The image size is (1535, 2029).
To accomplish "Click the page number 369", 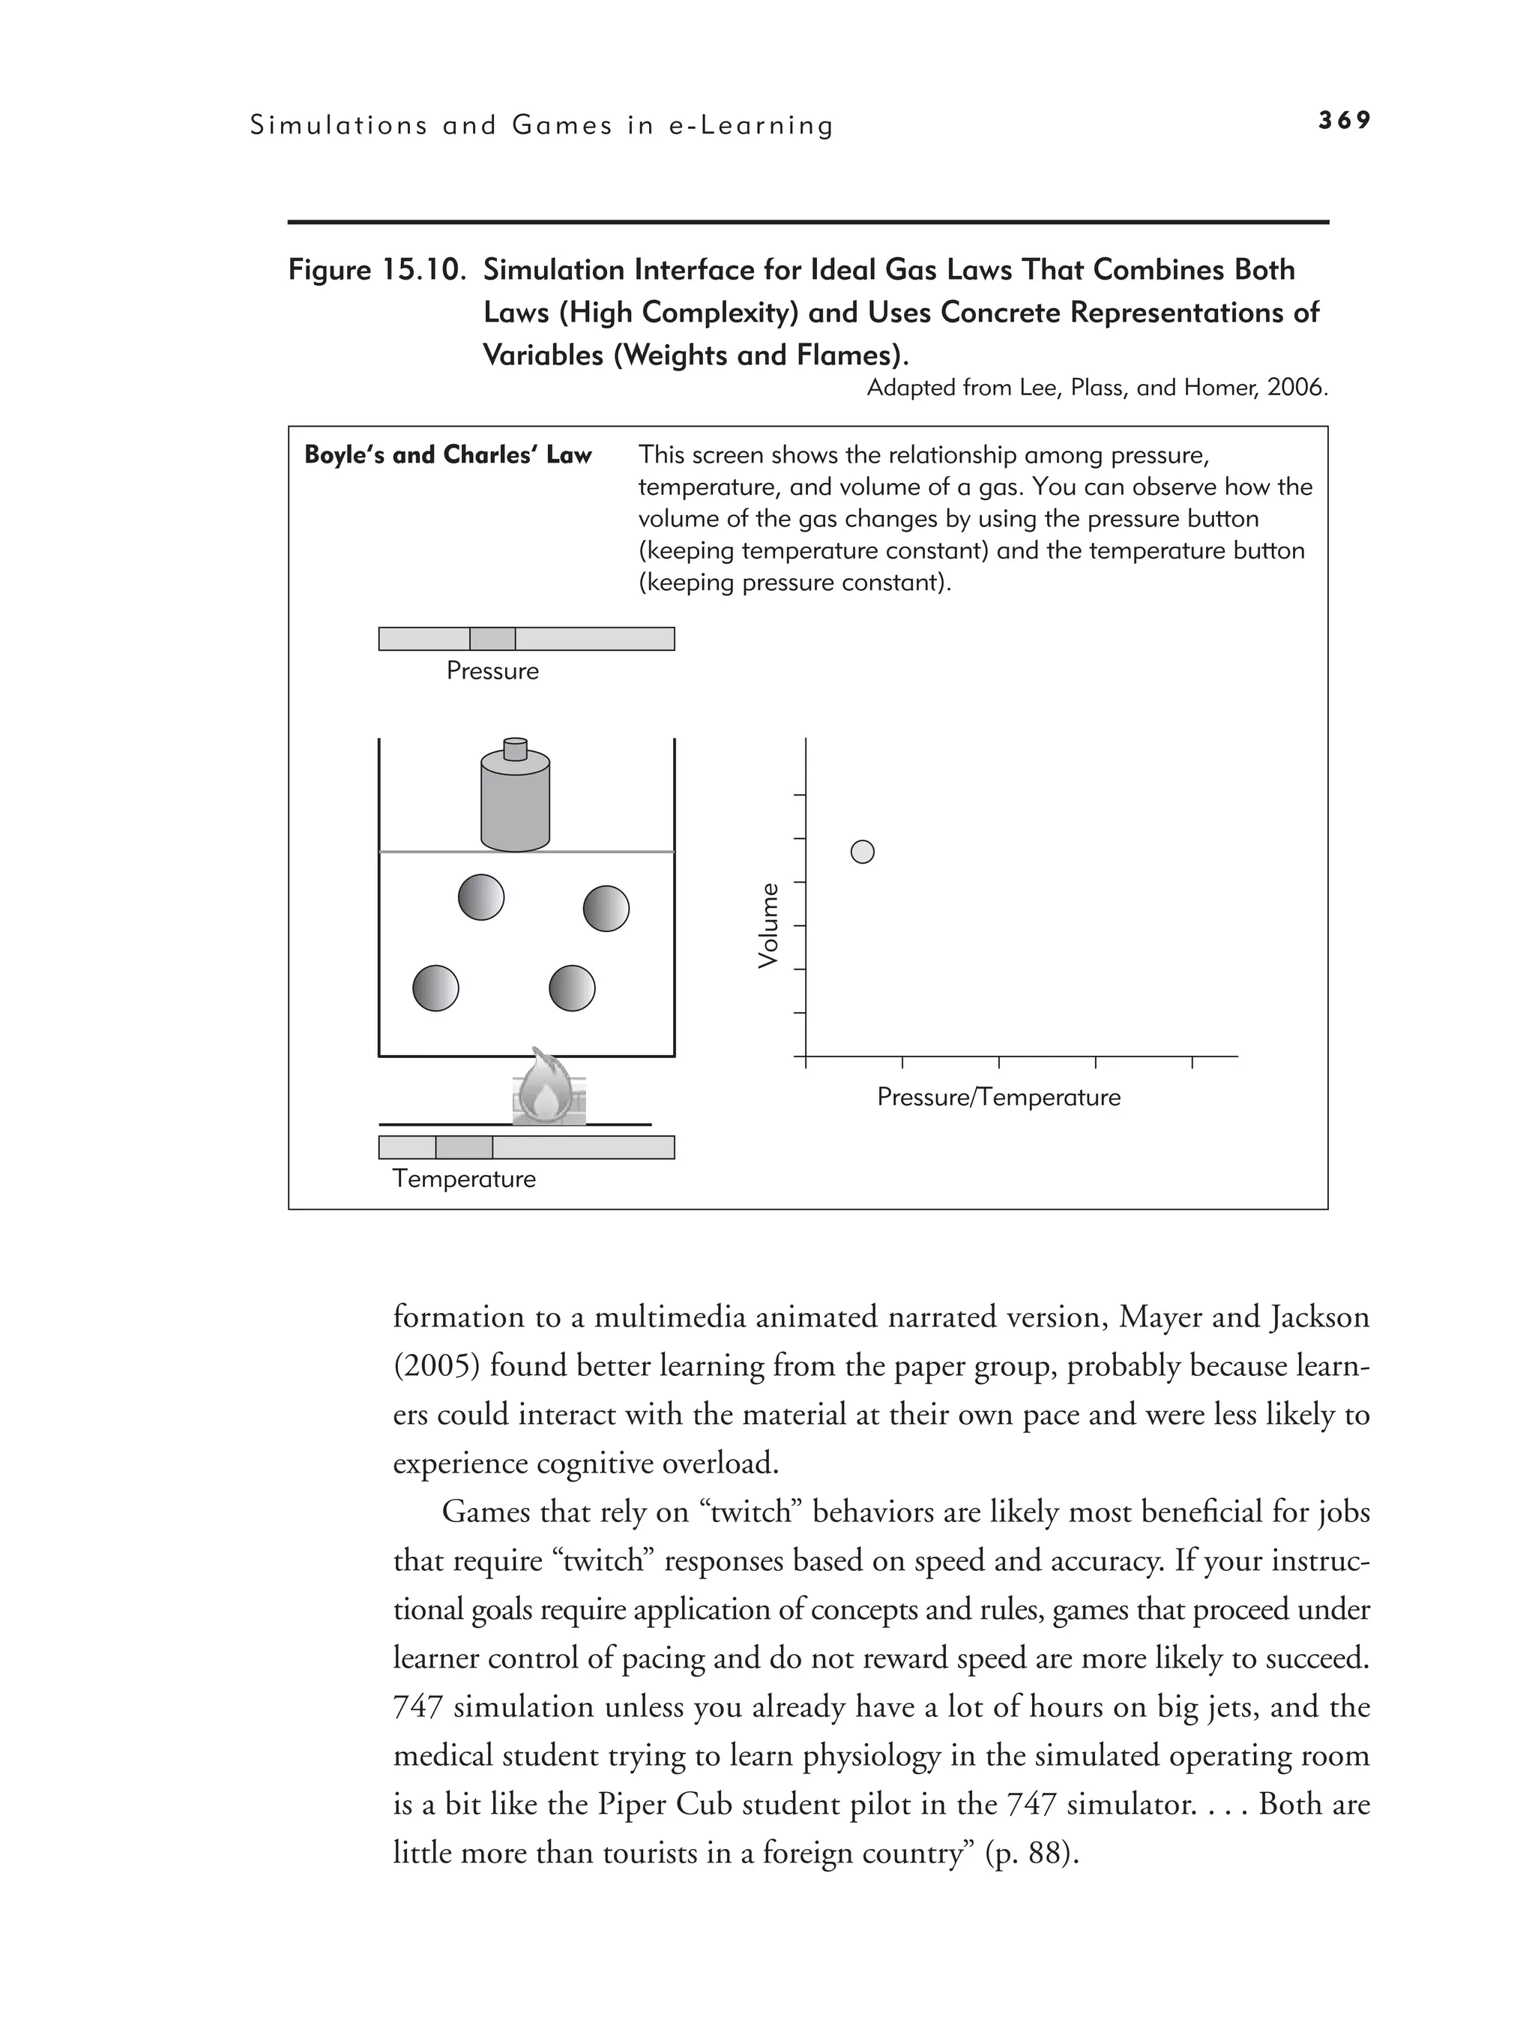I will pos(1345,120).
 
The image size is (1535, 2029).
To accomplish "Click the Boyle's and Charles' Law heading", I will pos(447,455).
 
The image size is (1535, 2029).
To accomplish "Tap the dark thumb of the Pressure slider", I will pos(492,638).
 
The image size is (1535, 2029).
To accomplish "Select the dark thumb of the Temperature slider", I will pos(464,1146).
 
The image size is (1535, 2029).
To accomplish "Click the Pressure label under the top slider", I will pos(492,671).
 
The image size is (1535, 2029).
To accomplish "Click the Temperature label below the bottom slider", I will pos(464,1179).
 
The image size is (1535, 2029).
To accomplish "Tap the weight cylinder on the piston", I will pos(516,802).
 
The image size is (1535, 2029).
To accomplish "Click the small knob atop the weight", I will pos(516,748).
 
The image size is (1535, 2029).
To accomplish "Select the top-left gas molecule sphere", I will pos(481,897).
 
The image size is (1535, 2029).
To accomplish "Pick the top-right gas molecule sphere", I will pos(606,909).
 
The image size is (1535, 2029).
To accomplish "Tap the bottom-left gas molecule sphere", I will pos(435,989).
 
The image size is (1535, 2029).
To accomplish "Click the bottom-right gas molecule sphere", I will pos(572,989).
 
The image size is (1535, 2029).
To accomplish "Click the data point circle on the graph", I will pos(863,852).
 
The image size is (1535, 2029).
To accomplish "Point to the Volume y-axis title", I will pos(768,925).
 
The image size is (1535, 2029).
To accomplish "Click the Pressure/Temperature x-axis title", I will pos(998,1098).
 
